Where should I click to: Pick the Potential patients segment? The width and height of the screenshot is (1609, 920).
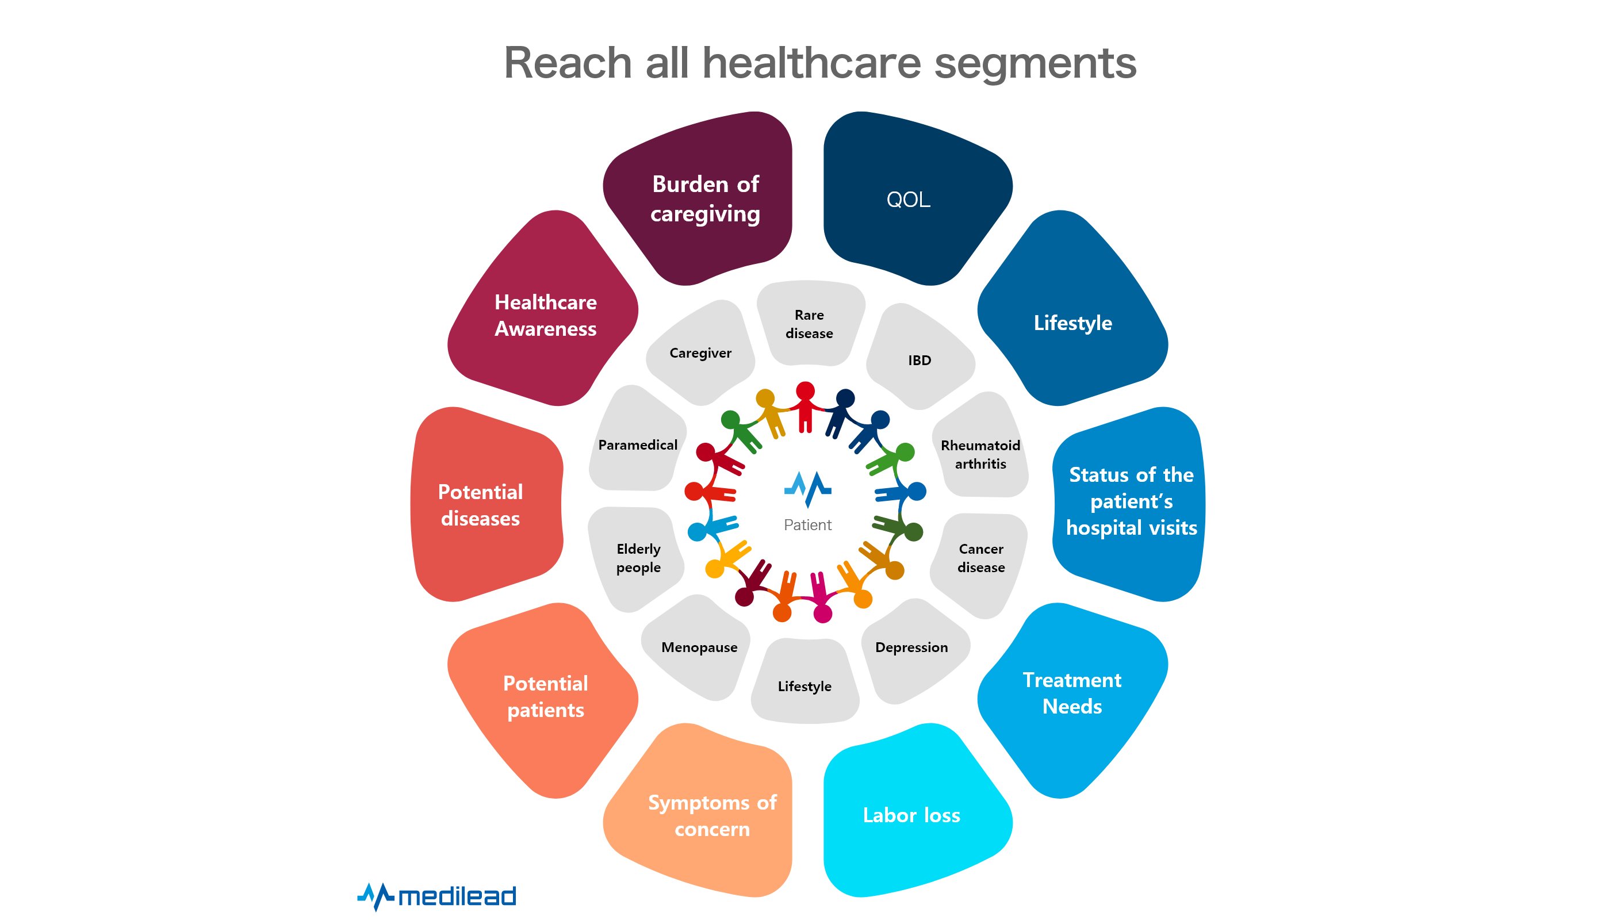click(x=545, y=696)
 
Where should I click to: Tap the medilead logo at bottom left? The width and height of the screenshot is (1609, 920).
click(x=437, y=896)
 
